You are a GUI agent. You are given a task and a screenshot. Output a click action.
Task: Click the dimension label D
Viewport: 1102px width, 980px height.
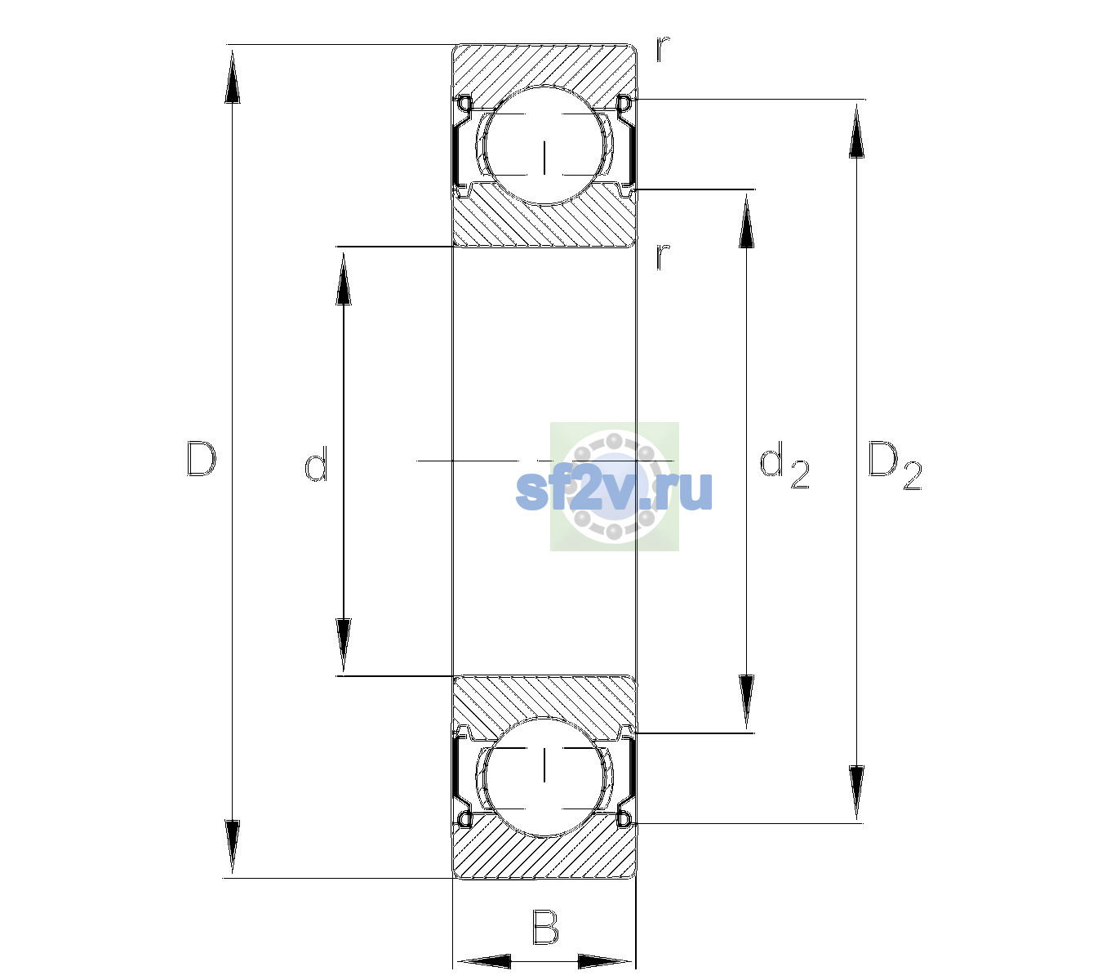[202, 459]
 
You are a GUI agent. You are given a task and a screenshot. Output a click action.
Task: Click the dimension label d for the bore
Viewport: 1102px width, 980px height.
[316, 464]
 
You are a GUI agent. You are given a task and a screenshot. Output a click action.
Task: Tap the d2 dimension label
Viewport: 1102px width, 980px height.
[784, 465]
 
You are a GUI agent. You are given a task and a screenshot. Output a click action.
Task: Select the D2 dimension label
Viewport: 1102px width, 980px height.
[894, 465]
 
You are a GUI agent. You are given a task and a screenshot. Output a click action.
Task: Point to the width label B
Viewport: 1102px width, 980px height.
[545, 927]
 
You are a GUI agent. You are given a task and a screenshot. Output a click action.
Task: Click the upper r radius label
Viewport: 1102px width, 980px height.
[663, 49]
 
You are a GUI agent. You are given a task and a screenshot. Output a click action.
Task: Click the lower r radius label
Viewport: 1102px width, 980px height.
[663, 256]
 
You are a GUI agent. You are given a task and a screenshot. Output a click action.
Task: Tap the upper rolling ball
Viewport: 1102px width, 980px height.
[544, 145]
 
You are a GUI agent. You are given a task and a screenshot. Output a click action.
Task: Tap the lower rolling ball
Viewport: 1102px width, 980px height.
[544, 777]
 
